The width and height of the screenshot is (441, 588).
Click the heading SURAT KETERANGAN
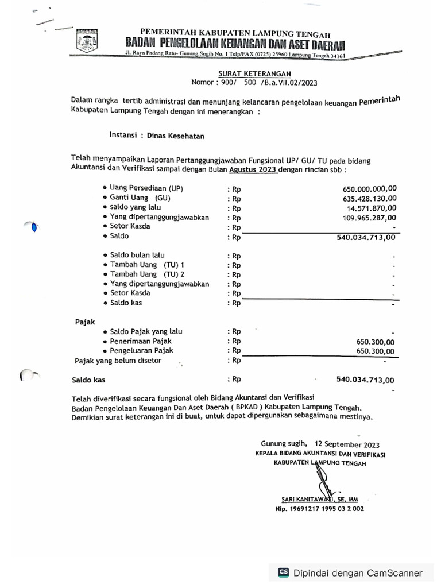[x=254, y=73]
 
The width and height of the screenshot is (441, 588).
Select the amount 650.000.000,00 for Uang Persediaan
[x=369, y=188]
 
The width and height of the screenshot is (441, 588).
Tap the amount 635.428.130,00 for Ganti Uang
[x=369, y=198]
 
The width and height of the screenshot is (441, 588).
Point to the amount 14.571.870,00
[x=371, y=208]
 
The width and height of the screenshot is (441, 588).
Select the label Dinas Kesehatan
[x=175, y=136]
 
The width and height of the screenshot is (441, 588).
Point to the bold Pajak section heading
[x=85, y=322]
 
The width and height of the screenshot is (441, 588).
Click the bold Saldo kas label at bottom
[x=88, y=380]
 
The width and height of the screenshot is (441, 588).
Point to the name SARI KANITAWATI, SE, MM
[x=316, y=500]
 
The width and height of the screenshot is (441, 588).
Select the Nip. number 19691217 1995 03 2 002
[x=319, y=509]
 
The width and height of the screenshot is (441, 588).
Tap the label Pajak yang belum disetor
[x=118, y=361]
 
